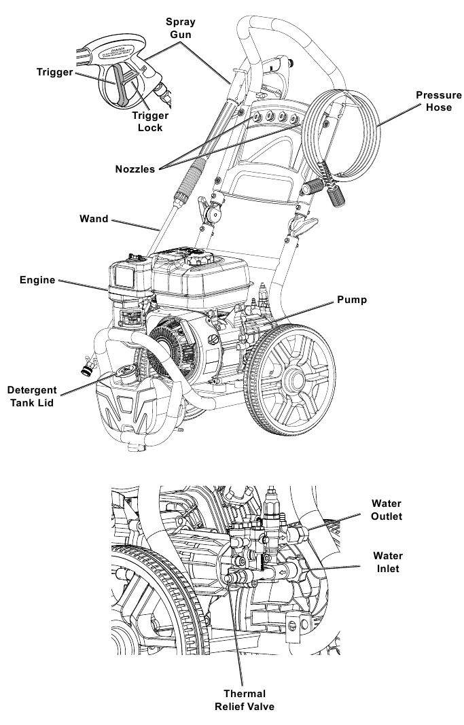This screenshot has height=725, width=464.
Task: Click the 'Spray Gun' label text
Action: click(x=181, y=28)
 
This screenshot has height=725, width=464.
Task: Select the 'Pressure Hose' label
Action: click(x=433, y=101)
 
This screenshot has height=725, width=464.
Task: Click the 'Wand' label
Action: click(x=94, y=219)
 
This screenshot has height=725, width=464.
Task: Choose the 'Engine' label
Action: click(x=37, y=280)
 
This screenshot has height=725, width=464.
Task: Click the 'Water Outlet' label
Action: click(x=387, y=510)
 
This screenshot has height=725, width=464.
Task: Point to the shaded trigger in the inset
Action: click(x=122, y=85)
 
